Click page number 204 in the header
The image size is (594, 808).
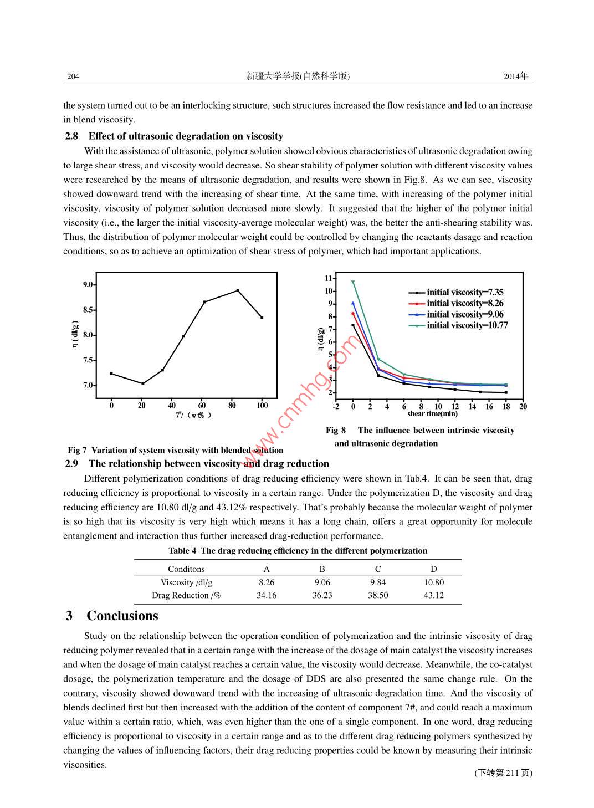point(73,76)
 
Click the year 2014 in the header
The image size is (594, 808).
point(511,76)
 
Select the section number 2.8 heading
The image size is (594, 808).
point(71,136)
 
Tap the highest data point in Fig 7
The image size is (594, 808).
point(238,290)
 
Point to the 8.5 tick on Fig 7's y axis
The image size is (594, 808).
point(88,310)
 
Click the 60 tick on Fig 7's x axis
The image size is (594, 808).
point(202,406)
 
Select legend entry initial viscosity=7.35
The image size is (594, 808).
point(465,292)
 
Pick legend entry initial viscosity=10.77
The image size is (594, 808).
point(467,325)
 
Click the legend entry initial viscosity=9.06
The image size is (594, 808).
point(465,314)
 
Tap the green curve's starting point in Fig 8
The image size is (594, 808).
point(353,282)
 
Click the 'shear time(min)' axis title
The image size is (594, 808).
point(432,414)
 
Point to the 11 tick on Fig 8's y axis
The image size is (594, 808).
point(329,278)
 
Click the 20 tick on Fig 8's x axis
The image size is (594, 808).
point(523,407)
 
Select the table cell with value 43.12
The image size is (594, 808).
point(433,595)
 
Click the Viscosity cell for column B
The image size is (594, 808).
point(322,582)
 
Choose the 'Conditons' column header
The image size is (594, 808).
point(186,569)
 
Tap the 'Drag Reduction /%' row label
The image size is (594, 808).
point(186,595)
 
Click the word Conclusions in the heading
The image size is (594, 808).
point(122,616)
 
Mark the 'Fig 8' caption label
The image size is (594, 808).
point(336,431)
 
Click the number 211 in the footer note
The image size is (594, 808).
point(512,773)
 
